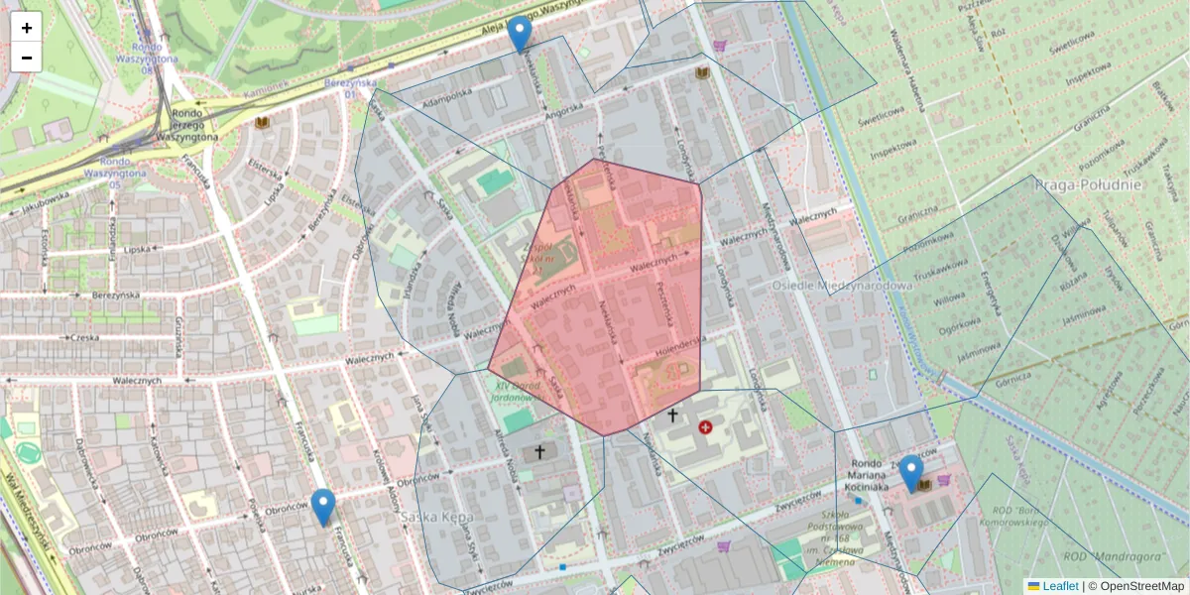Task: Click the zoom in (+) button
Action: [x=27, y=28]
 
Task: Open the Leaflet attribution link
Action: [x=1060, y=586]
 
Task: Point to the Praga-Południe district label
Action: [x=1088, y=184]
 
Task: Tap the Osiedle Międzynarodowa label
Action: [x=841, y=286]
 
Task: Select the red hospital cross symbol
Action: [x=705, y=427]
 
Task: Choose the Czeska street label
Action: [x=88, y=337]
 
